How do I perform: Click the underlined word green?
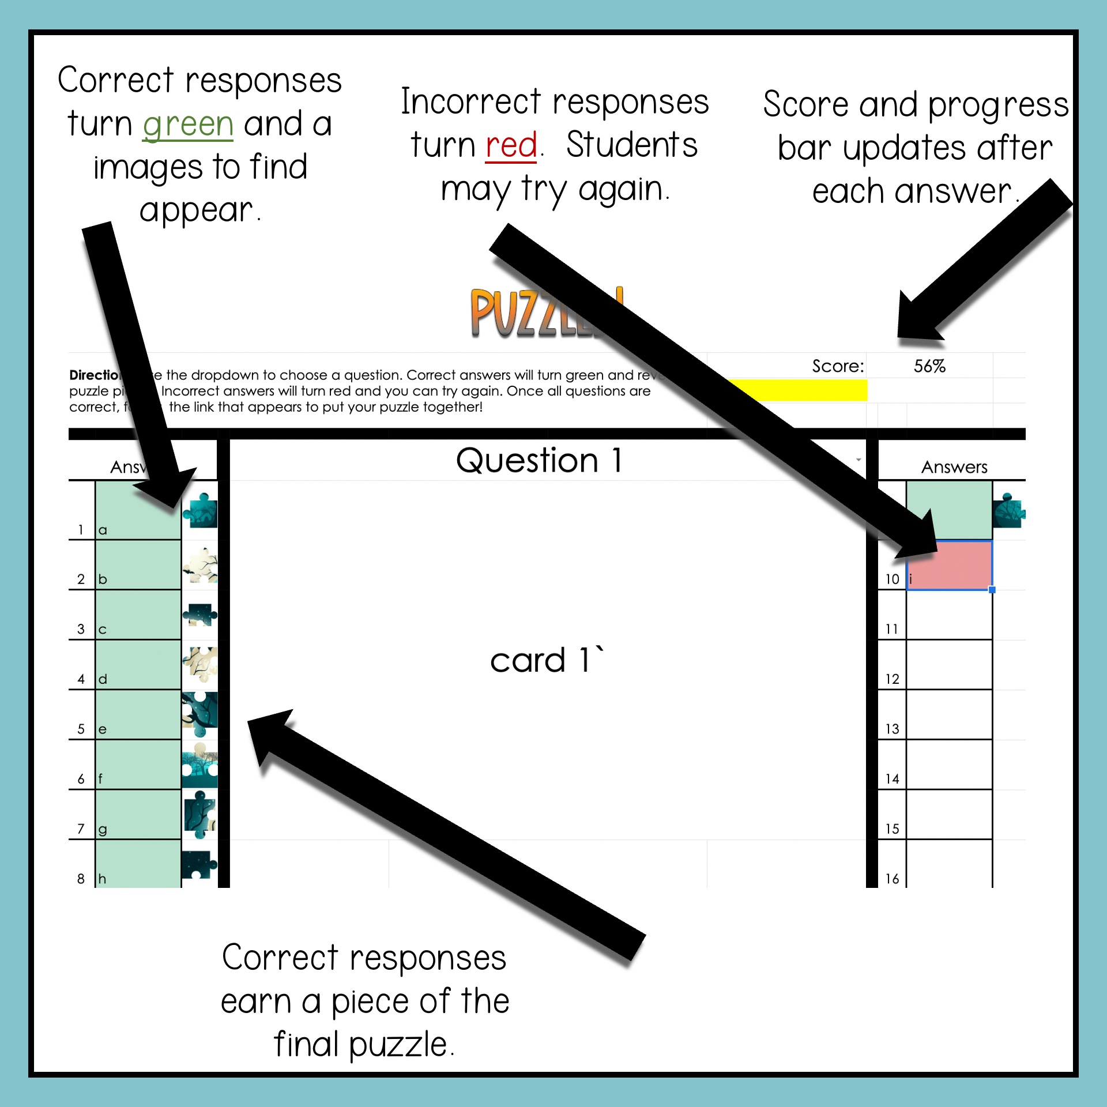click(188, 125)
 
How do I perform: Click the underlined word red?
click(511, 145)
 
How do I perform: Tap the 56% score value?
click(929, 366)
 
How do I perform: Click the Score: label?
click(838, 366)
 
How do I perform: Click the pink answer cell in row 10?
click(949, 565)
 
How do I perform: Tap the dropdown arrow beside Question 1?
click(859, 460)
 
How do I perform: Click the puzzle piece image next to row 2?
click(200, 566)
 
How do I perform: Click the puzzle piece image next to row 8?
click(199, 864)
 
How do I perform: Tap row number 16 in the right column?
click(892, 879)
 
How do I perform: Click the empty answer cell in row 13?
click(949, 715)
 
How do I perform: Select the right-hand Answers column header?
click(954, 467)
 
